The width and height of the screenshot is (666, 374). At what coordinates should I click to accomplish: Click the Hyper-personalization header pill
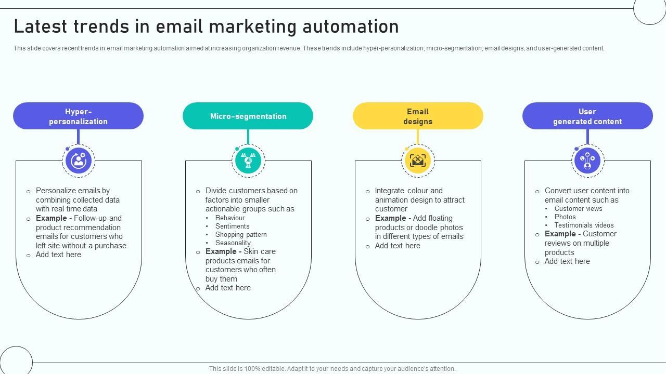(78, 116)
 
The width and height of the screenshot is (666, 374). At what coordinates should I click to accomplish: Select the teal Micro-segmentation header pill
(248, 116)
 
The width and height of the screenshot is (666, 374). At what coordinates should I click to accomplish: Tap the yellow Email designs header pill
(418, 116)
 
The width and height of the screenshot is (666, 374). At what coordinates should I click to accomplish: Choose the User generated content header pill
(587, 116)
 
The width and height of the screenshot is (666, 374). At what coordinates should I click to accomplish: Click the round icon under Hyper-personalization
(79, 161)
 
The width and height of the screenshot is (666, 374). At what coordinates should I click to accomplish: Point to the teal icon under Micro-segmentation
(248, 161)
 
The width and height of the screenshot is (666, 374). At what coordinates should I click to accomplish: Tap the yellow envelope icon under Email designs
(418, 161)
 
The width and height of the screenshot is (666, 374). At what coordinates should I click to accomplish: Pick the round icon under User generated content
(587, 161)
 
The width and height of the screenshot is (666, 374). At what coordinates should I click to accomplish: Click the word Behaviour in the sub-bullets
(230, 218)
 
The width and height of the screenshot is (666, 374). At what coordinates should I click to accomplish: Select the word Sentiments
(232, 226)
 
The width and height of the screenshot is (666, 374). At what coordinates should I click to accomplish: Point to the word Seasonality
(233, 243)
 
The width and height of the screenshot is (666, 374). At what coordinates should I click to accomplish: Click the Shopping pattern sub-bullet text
(241, 235)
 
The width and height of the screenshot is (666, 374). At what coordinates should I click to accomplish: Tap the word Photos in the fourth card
(565, 217)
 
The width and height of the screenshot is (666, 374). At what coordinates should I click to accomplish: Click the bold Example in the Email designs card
(391, 218)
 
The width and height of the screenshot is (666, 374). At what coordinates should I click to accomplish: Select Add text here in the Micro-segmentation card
(228, 288)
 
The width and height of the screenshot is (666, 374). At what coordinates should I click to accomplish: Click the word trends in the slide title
(104, 26)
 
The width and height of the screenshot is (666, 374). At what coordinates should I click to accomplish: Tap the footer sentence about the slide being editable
(332, 369)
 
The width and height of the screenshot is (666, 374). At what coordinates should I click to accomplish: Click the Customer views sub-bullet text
(578, 209)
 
